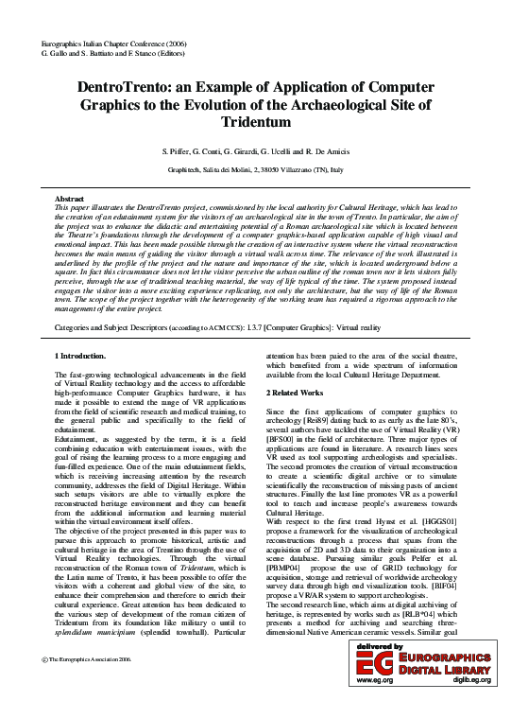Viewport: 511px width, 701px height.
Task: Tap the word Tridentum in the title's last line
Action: pyautogui.click(x=255, y=122)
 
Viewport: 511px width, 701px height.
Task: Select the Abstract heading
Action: pyautogui.click(x=71, y=201)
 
